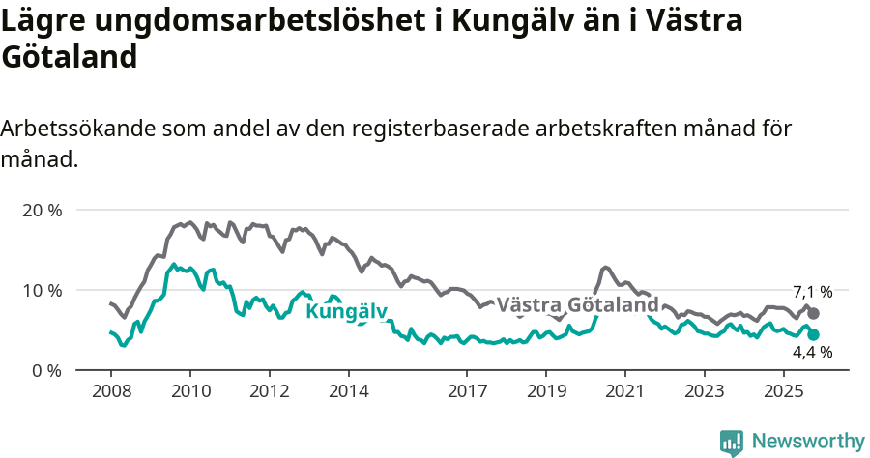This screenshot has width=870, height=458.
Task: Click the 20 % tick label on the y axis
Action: coord(41,210)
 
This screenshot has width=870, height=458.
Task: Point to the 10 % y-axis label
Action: coord(41,290)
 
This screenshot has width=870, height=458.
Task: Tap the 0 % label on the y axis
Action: coord(45,370)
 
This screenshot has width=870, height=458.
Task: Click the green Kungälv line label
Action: coord(346,311)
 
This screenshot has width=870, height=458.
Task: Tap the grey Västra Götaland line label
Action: coord(577,305)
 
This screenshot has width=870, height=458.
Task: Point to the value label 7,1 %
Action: coord(812,292)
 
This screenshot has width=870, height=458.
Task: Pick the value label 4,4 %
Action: coord(812,353)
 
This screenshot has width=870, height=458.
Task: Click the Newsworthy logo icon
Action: coord(732,442)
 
